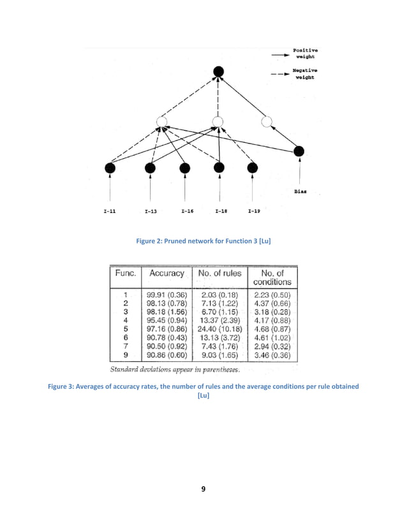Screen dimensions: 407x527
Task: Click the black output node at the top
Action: tap(218, 72)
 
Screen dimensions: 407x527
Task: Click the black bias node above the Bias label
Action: tap(299, 151)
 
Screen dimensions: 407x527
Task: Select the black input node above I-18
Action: tap(219, 168)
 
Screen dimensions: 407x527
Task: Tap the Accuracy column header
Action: tap(167, 273)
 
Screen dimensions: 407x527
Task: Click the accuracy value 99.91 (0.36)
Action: tap(166, 295)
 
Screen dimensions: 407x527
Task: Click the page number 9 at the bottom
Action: tap(203, 490)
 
